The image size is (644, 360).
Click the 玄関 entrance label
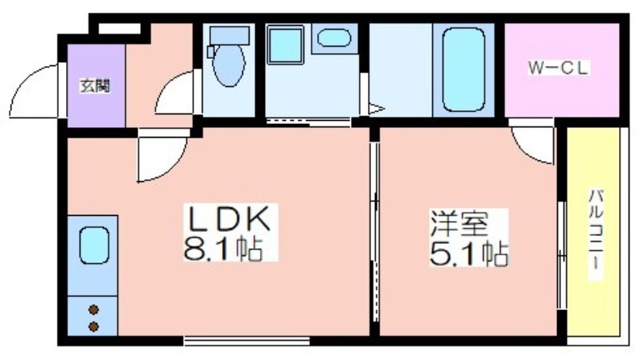(x=95, y=86)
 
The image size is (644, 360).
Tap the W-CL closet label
(x=558, y=68)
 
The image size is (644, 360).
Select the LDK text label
(x=229, y=217)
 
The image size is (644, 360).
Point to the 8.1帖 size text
(x=224, y=248)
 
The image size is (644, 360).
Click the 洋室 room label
(x=459, y=223)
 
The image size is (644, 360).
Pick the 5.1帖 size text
(x=469, y=253)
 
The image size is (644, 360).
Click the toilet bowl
(x=229, y=65)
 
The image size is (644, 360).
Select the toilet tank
(x=229, y=35)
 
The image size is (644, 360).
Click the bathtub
(x=464, y=69)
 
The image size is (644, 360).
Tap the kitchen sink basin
(x=94, y=246)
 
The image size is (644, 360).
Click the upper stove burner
(x=93, y=309)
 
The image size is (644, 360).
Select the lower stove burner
(x=93, y=327)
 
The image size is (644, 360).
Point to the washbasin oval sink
(x=334, y=38)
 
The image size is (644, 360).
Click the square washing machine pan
(x=286, y=45)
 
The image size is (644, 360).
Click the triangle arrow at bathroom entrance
(x=376, y=109)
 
